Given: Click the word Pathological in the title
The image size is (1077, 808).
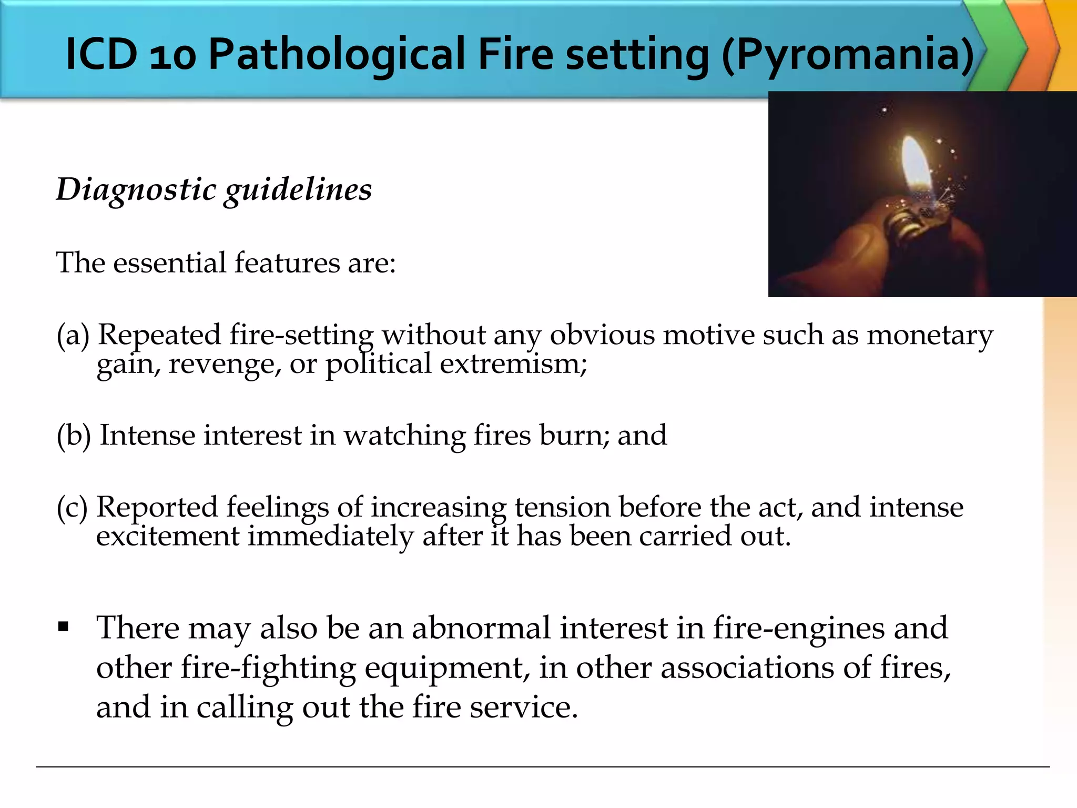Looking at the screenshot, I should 337,54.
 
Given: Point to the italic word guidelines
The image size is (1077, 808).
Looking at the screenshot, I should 298,190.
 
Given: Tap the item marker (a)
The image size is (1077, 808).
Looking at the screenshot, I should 73,335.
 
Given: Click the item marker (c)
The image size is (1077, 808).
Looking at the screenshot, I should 72,508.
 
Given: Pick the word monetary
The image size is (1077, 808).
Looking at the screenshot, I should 930,336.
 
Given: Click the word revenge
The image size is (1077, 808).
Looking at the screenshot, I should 225,364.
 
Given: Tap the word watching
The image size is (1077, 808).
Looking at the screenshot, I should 404,436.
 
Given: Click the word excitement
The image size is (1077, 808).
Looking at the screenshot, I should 167,536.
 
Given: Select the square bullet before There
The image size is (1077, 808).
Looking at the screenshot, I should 64,627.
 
